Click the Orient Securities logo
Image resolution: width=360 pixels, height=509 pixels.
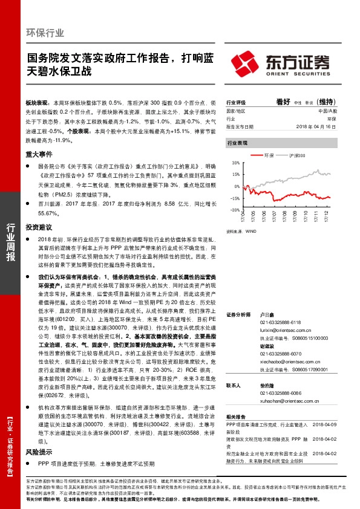282,62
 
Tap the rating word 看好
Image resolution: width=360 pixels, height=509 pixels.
283,102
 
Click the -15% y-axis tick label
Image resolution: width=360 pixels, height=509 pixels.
234,198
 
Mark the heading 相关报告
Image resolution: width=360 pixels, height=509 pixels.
235,418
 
